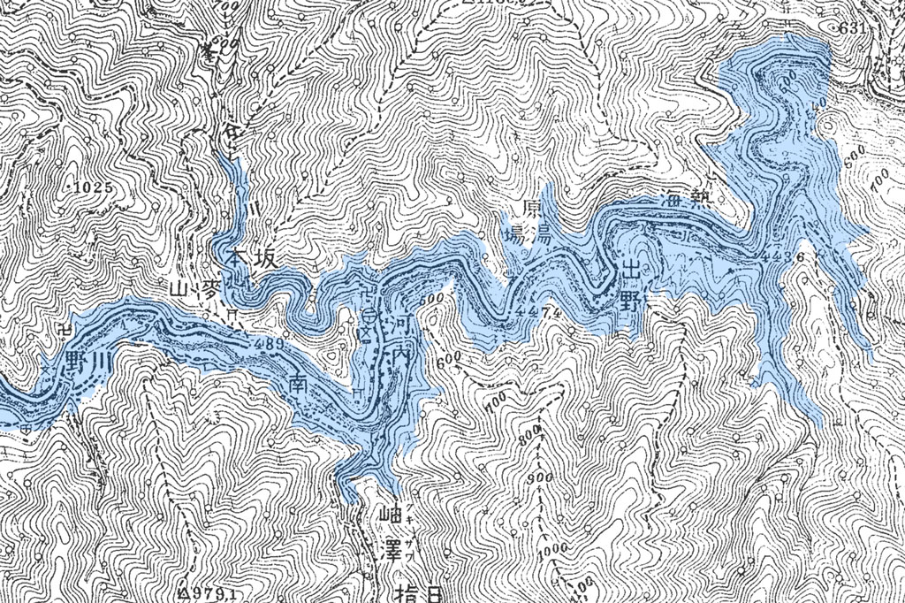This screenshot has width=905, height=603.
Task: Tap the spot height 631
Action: coord(853,28)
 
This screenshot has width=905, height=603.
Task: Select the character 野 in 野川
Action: coord(78,362)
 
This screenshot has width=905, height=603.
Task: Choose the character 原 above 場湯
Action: coord(532,210)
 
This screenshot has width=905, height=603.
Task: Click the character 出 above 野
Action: coord(629,270)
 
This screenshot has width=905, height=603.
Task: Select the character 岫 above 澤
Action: coord(388,513)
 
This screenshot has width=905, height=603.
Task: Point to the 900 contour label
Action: coord(535,478)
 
